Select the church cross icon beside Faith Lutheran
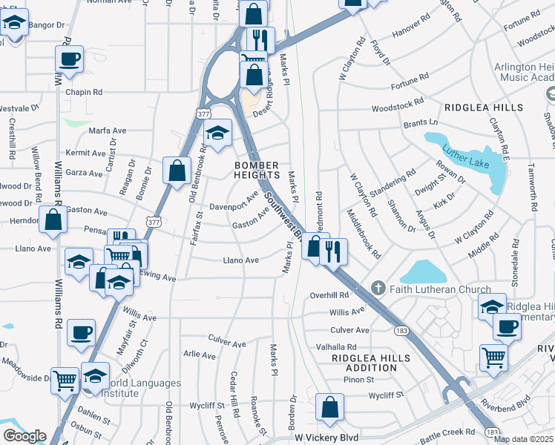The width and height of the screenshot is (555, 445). [377, 288]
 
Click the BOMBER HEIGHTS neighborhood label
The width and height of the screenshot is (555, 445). [256, 170]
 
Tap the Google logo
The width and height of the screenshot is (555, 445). [24, 435]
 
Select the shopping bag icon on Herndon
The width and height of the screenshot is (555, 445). [53, 219]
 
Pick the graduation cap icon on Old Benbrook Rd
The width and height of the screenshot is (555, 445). [217, 133]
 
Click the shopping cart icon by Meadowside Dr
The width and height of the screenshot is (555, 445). [65, 380]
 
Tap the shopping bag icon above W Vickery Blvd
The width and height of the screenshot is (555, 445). [329, 406]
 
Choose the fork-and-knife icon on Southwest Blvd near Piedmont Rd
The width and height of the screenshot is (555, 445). [333, 251]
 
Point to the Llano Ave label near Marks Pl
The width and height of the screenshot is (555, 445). [241, 260]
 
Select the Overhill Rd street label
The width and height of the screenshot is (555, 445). [329, 295]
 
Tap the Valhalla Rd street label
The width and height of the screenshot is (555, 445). [336, 346]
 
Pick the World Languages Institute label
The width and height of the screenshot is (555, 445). [145, 388]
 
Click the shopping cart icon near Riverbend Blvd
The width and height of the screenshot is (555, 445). [493, 357]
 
